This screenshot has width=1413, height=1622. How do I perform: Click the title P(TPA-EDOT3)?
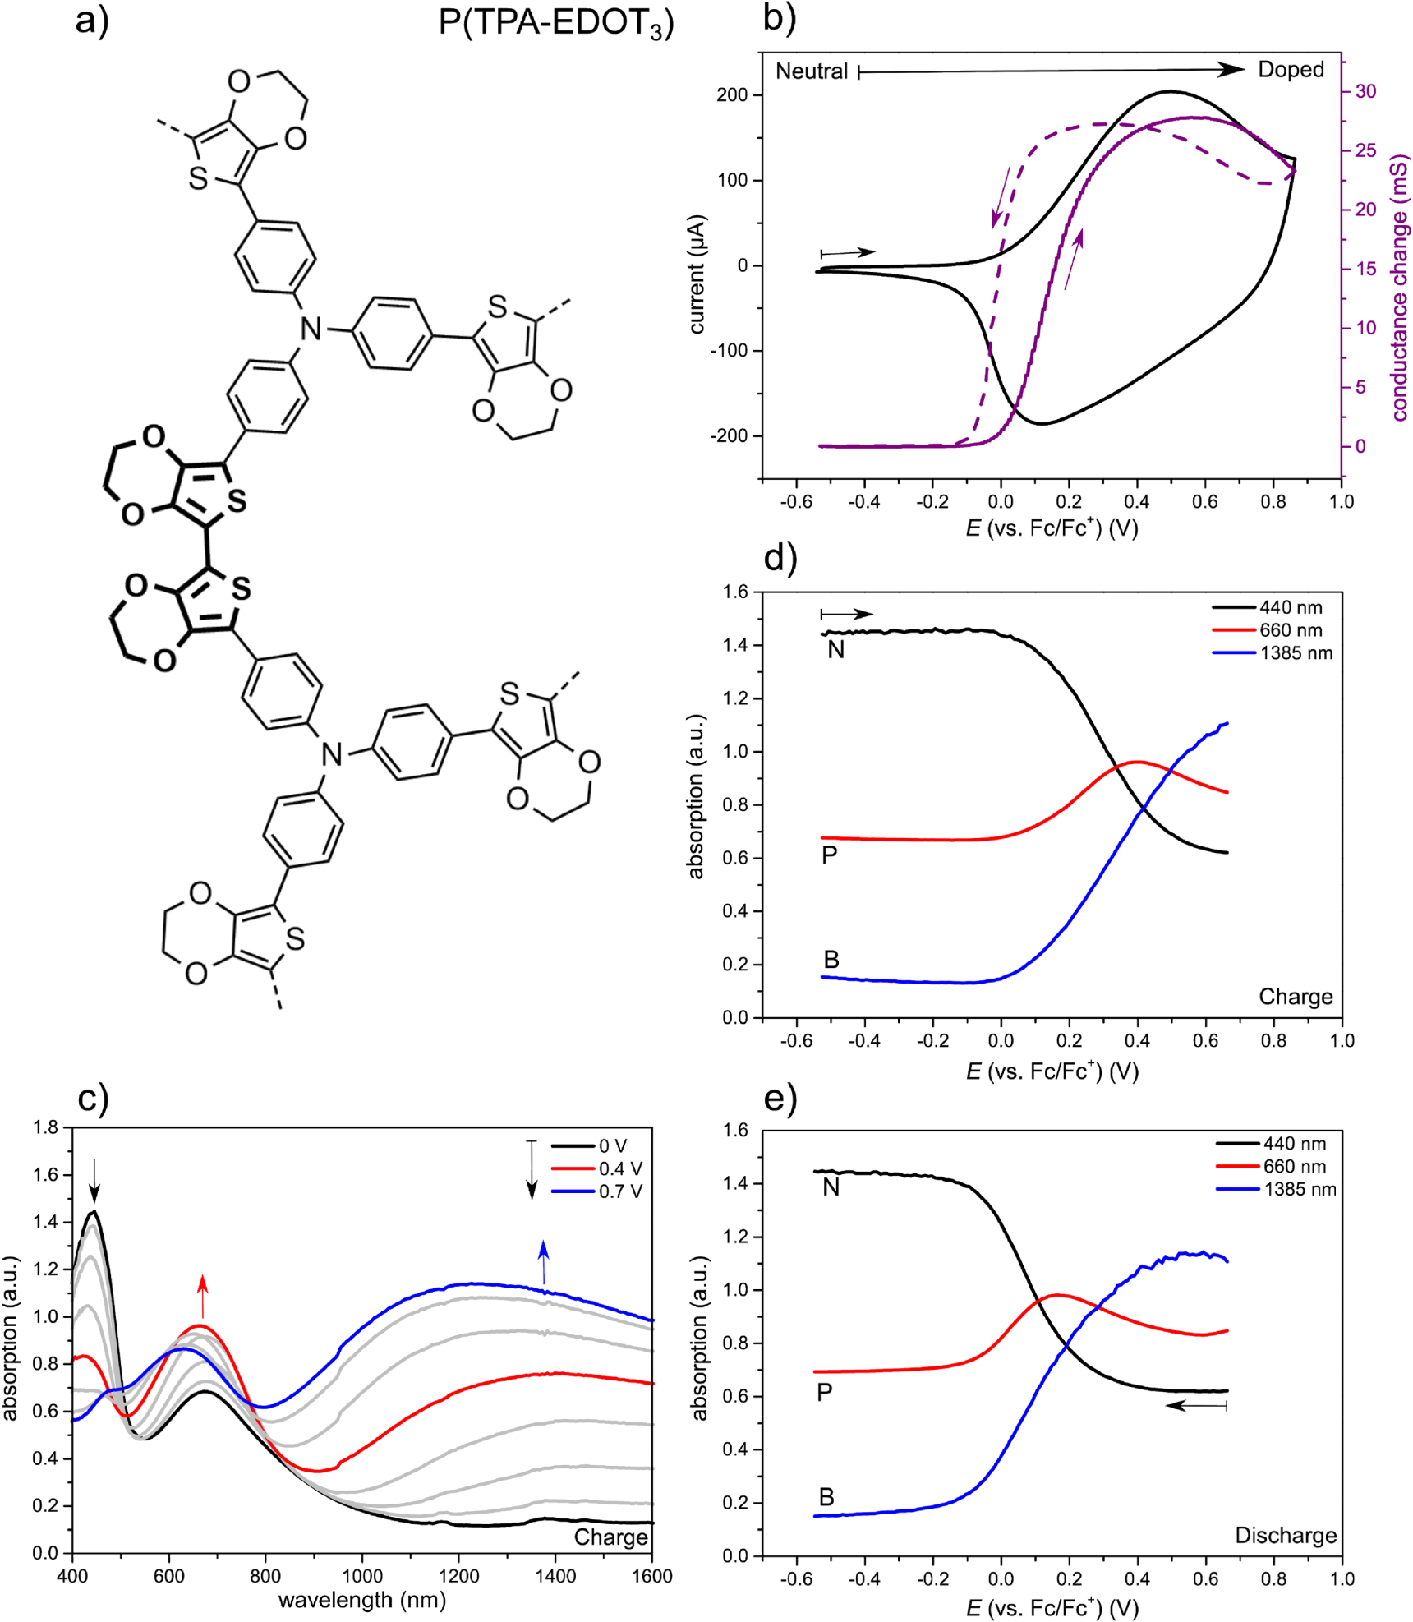555,22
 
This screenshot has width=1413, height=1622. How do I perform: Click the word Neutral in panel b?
811,71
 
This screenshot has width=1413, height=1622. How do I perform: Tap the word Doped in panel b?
1291,70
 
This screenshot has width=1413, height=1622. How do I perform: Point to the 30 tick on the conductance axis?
1365,91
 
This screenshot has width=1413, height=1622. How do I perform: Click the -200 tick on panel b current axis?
730,436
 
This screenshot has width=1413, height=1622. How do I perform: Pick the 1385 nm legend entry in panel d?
1296,653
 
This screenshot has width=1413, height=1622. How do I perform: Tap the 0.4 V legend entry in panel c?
620,1168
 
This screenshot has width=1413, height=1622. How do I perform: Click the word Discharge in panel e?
1286,1536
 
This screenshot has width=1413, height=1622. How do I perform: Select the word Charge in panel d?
1296,997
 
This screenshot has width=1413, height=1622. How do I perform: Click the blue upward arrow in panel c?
543,1262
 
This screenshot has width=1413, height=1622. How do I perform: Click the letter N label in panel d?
835,650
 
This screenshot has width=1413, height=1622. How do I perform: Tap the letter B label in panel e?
826,1497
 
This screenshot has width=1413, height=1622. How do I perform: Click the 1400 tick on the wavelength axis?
555,1576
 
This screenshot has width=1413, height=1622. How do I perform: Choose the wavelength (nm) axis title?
361,1600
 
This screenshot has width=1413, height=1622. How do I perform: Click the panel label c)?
93,1099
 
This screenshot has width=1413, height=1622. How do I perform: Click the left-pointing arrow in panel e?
1196,1406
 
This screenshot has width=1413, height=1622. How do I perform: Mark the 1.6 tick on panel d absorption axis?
737,592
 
